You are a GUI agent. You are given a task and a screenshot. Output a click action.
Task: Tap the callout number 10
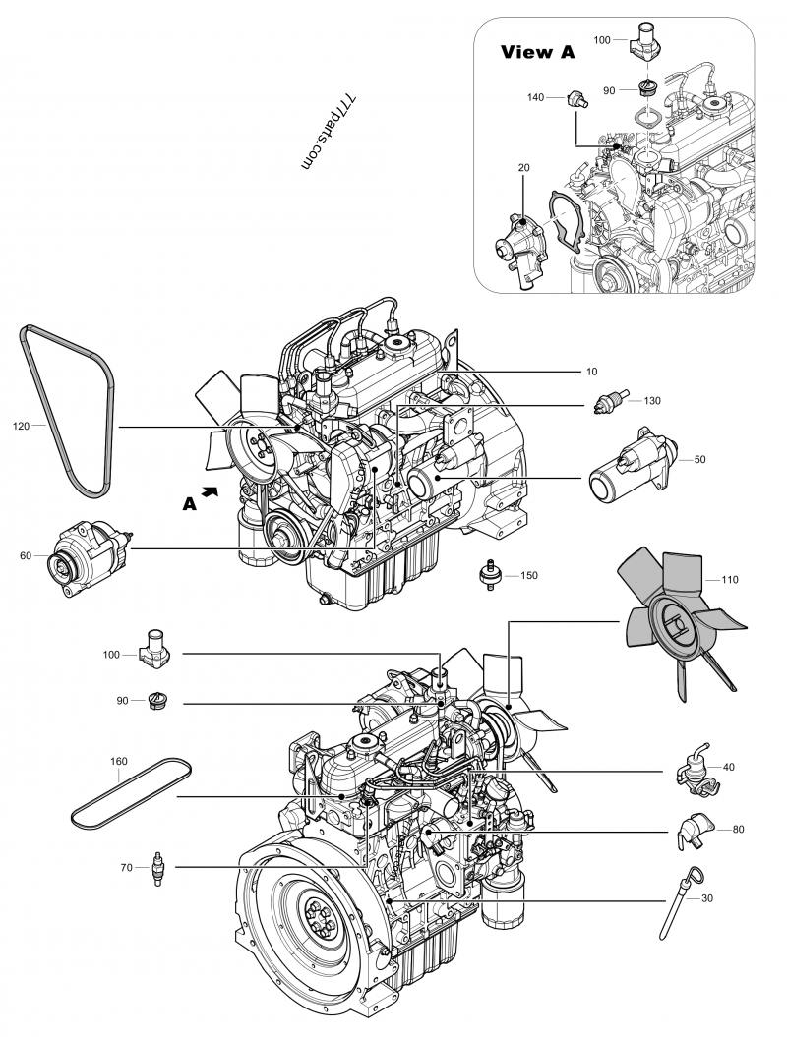[590, 372]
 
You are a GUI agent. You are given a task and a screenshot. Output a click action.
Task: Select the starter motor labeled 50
[631, 465]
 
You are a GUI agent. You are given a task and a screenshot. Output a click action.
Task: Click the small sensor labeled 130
[609, 401]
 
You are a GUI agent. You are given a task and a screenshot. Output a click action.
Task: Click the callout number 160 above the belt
[118, 760]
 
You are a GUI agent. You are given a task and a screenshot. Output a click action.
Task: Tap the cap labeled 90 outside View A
[154, 700]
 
